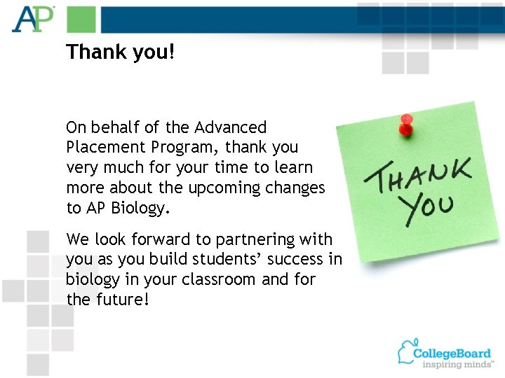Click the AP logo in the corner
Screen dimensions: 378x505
tap(32, 18)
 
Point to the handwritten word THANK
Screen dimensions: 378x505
tap(418, 174)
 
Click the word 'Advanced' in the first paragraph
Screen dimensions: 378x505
tap(231, 127)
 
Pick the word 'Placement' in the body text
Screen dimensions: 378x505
tap(100, 148)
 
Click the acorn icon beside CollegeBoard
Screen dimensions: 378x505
tap(407, 351)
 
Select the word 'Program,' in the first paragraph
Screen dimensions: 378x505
tap(182, 148)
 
